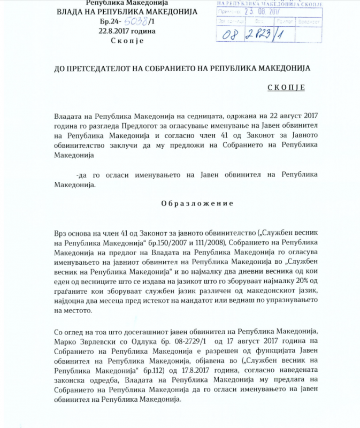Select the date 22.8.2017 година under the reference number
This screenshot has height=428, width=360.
127,30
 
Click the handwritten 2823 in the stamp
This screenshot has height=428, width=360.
269,35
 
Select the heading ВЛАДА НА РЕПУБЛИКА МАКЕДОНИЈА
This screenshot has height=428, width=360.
127,12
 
